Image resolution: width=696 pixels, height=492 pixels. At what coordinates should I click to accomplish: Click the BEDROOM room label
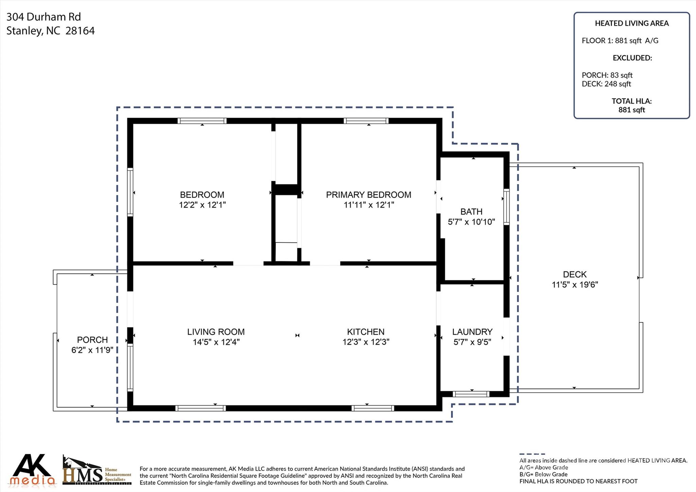tap(202, 195)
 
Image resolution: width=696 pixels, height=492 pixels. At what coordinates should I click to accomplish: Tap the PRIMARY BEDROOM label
tap(369, 195)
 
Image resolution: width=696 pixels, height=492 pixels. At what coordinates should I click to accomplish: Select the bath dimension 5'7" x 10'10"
tap(471, 222)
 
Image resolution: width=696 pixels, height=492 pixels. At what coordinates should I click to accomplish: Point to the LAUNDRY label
tap(472, 332)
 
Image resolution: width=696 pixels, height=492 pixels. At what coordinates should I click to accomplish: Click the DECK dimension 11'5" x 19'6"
tap(575, 285)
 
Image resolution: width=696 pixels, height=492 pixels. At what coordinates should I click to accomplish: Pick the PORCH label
tap(92, 340)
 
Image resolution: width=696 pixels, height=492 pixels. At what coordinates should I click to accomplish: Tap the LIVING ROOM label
tap(216, 332)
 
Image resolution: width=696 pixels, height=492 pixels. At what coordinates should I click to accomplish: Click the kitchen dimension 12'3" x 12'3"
tap(366, 342)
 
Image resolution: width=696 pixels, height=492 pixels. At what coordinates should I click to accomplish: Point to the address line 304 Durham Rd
tap(43, 17)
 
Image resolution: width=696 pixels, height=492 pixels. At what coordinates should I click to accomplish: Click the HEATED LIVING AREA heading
tap(632, 23)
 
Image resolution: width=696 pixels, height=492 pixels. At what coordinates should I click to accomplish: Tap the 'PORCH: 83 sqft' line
tap(607, 75)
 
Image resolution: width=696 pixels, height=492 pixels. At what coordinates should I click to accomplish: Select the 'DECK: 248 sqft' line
tap(606, 84)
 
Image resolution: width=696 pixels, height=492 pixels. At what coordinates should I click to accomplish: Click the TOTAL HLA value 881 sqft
tap(632, 110)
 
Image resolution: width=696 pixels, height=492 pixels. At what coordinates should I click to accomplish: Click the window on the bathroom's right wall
tap(506, 207)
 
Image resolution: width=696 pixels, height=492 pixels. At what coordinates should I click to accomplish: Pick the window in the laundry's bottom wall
tap(471, 394)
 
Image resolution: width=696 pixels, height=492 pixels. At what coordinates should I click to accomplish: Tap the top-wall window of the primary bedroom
tap(366, 121)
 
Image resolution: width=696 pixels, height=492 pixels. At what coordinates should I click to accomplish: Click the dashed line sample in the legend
tap(532, 454)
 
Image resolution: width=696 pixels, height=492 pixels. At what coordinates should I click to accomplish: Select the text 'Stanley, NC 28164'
tap(51, 31)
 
